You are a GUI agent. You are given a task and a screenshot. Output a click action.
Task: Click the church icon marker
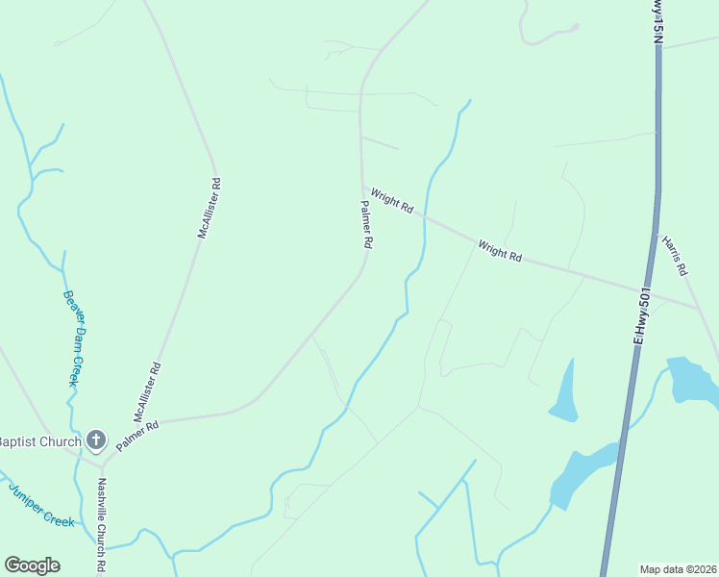coord(95,439)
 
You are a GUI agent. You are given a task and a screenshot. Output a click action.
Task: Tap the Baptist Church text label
coord(40,439)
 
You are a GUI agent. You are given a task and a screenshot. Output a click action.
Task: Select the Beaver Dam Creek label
coord(76,338)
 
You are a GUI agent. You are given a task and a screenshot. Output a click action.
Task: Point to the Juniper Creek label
coord(41,503)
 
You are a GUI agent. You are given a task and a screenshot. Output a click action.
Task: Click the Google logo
coord(32,565)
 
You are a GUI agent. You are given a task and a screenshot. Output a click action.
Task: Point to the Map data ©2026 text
coord(677,568)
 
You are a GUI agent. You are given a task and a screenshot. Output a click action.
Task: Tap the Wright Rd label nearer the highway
coord(500,252)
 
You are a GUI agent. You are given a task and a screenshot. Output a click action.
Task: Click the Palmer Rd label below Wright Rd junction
coord(366,224)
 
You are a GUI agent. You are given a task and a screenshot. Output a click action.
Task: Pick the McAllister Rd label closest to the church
coord(147,393)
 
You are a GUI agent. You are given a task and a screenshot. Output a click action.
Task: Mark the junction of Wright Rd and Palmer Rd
coord(361,187)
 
